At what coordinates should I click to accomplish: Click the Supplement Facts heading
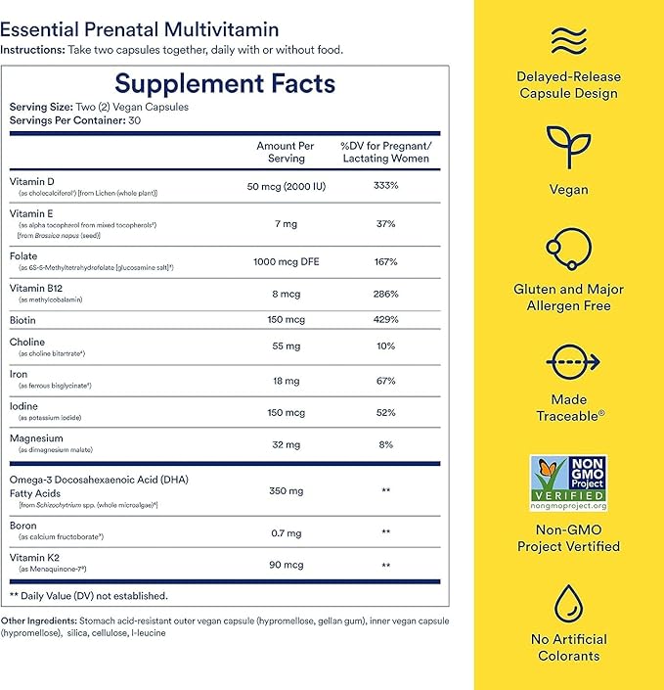coord(225,83)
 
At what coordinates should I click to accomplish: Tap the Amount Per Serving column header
coord(286,152)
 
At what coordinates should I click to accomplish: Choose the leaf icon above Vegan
coord(568,148)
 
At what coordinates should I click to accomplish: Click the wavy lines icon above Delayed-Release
coord(568,42)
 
